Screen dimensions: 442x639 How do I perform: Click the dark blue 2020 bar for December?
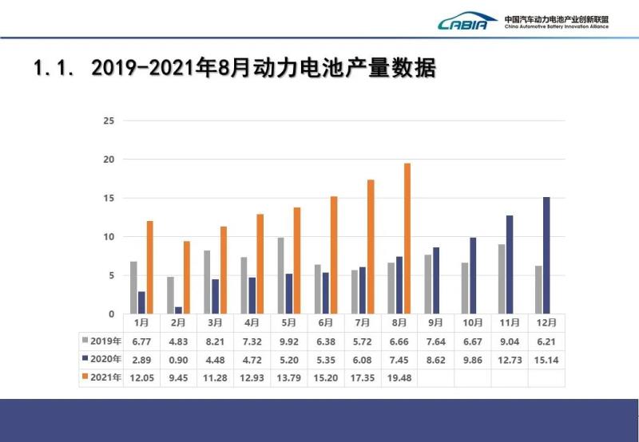[x=546, y=255]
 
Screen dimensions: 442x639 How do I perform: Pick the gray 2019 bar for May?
[x=280, y=275]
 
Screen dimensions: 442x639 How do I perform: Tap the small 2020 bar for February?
[x=178, y=310]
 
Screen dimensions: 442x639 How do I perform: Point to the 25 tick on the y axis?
[x=109, y=121]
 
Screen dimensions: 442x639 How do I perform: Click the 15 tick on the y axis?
[x=109, y=199]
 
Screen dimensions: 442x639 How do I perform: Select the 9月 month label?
[x=435, y=322]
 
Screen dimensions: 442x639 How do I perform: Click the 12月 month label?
[x=546, y=322]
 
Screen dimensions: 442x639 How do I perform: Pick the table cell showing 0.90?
[x=179, y=360]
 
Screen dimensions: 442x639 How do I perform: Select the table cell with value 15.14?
[x=546, y=360]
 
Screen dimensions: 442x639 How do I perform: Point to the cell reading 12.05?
[x=142, y=377]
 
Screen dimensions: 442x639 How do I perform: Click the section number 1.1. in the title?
[x=54, y=69]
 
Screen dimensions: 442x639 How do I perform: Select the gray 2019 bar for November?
[x=501, y=279]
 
